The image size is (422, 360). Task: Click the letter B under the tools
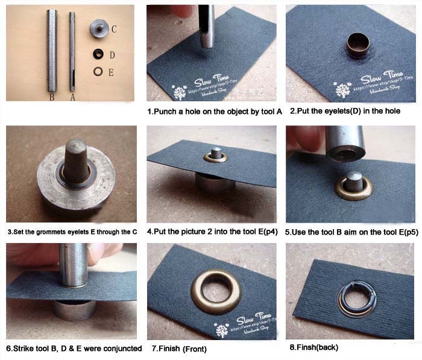coord(52,95)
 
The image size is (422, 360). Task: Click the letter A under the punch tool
coord(74,95)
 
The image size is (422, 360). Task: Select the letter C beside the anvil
coord(114,29)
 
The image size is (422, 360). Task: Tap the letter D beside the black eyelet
coord(112,55)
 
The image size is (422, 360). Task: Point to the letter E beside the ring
coord(111,72)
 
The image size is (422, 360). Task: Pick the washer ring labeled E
coord(96,72)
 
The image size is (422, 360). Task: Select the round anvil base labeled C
coord(97,28)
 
